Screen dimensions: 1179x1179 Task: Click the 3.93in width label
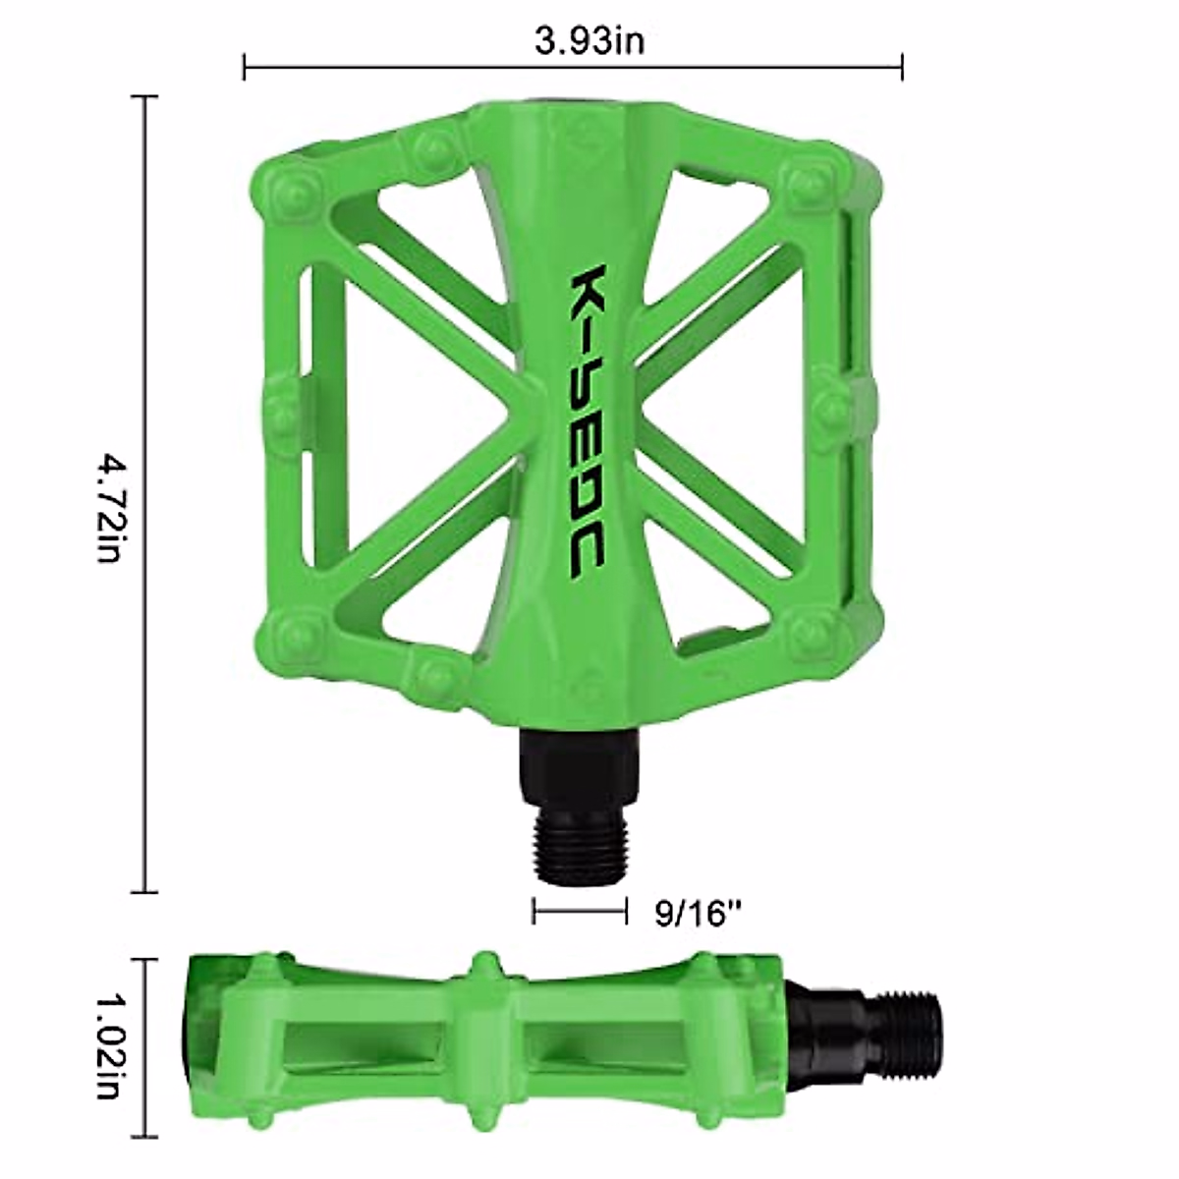(589, 42)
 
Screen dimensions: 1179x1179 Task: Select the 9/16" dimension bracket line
(580, 928)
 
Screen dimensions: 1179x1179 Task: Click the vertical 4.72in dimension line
(144, 494)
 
